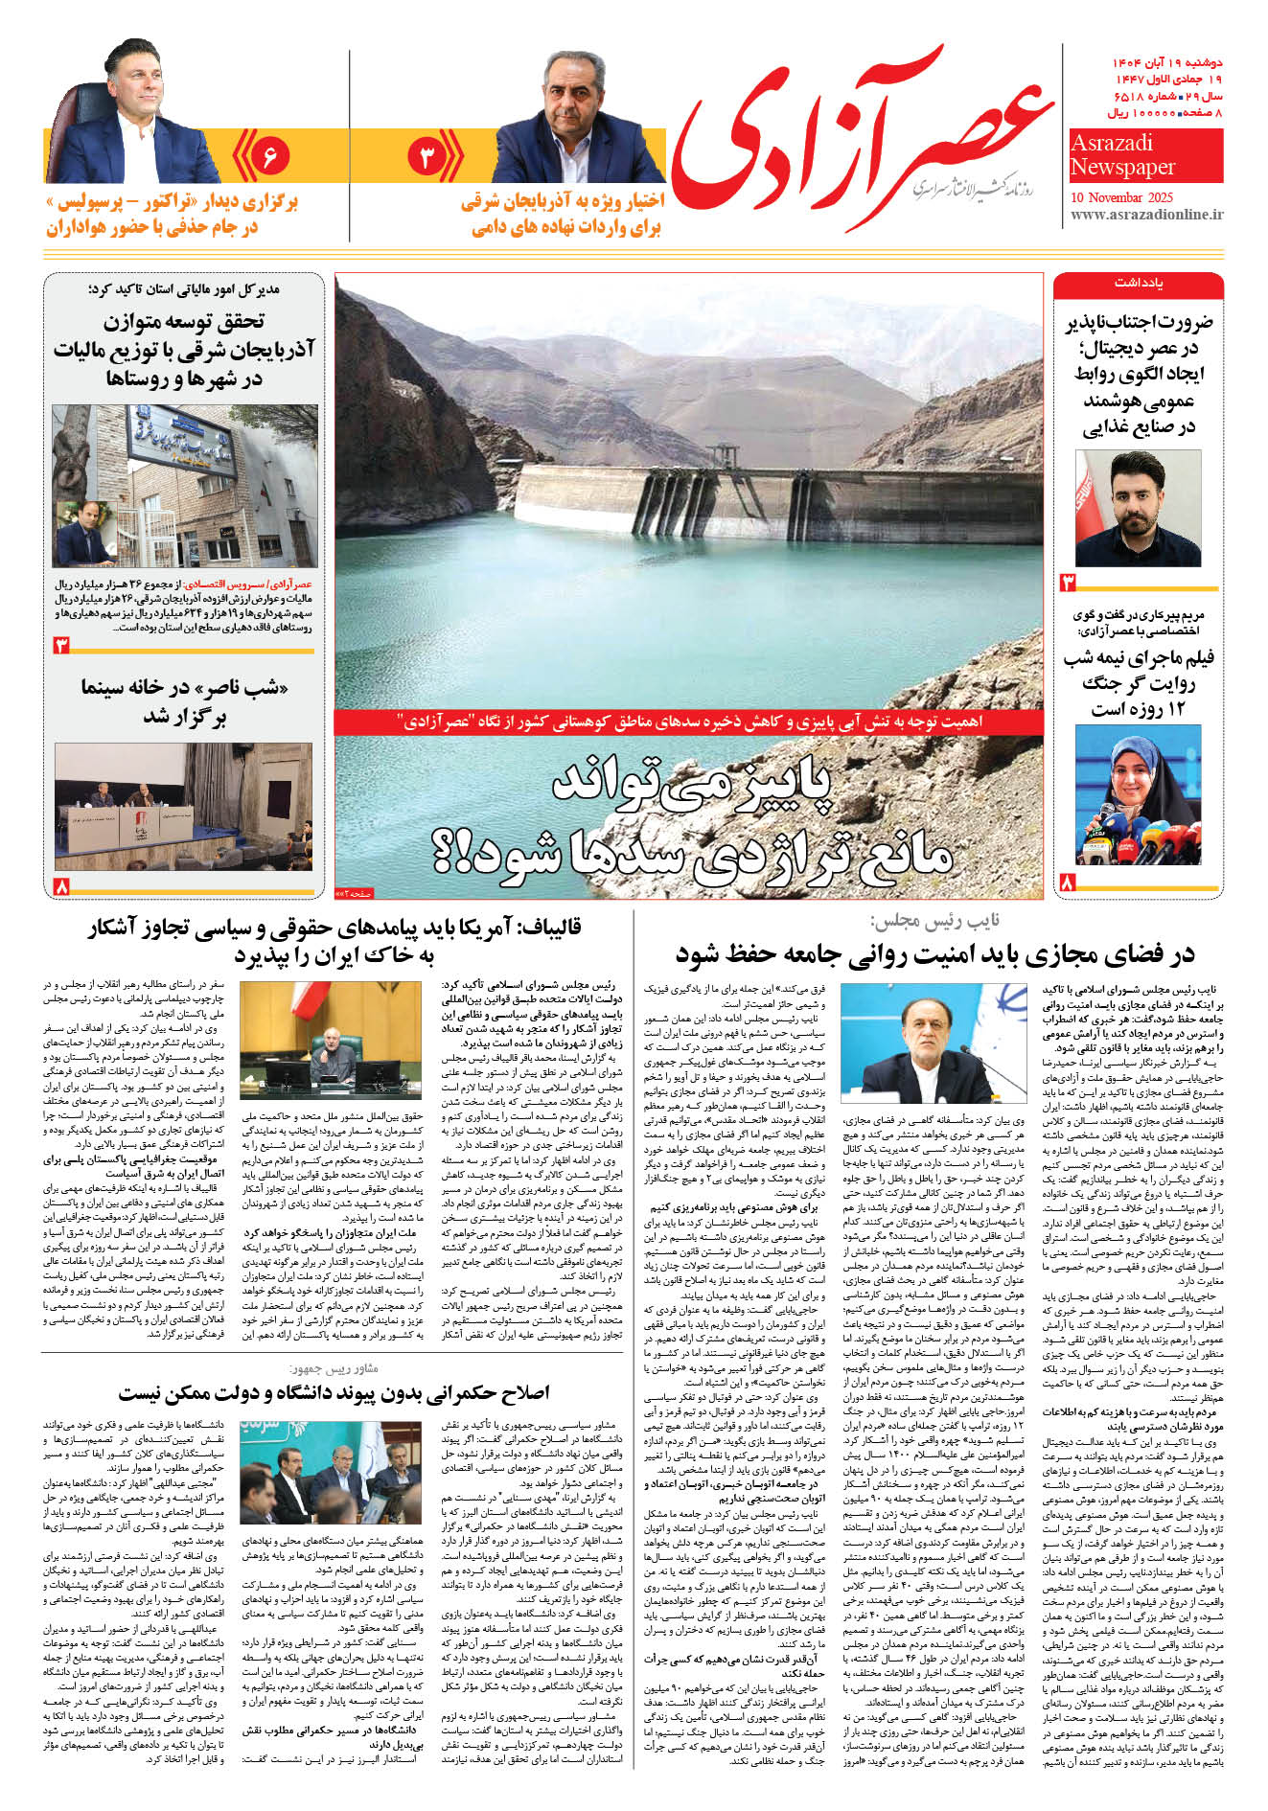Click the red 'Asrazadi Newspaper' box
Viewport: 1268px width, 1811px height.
pyautogui.click(x=1145, y=155)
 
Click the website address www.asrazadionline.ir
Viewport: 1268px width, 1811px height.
pyautogui.click(x=1146, y=214)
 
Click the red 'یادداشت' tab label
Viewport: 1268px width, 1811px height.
pyautogui.click(x=1138, y=284)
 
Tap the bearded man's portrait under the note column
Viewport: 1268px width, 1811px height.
pyautogui.click(x=1138, y=508)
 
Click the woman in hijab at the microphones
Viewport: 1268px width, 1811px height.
pyautogui.click(x=1138, y=794)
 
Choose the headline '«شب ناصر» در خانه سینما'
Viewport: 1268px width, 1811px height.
pyautogui.click(x=184, y=701)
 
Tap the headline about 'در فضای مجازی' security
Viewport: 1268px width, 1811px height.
pyautogui.click(x=935, y=953)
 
